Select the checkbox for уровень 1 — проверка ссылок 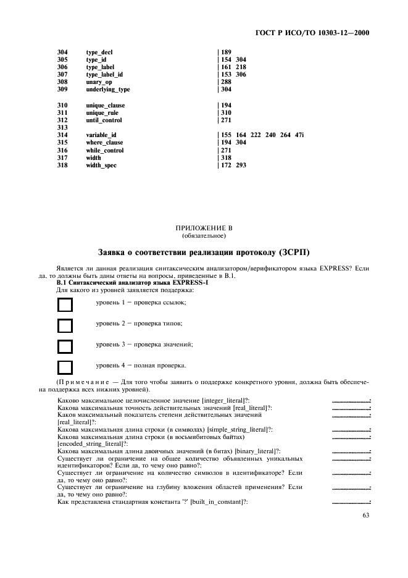tap(65, 304)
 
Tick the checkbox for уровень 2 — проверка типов tap(65, 325)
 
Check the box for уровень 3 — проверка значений tap(65, 346)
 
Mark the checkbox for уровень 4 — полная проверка tap(65, 367)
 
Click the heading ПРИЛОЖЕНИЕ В tap(204, 228)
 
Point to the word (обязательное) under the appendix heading tap(204, 235)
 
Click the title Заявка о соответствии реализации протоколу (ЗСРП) tap(204, 253)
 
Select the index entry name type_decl tap(99, 52)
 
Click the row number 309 tap(62, 90)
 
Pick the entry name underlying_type tap(108, 90)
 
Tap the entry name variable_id tap(101, 135)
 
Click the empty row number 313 tap(62, 127)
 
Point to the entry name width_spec tap(101, 165)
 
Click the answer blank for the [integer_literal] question tap(351, 401)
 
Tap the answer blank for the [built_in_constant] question tap(351, 503)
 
